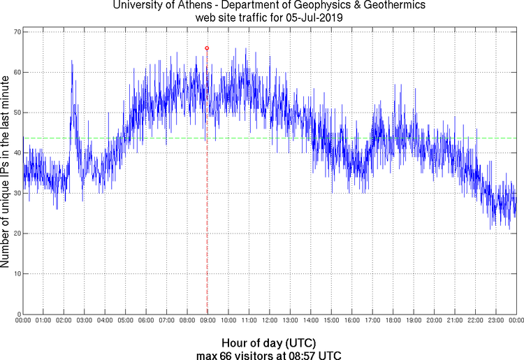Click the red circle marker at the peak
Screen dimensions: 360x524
pos(207,48)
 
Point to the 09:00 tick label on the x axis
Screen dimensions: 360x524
pos(208,320)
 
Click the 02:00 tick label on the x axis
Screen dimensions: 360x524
pos(64,320)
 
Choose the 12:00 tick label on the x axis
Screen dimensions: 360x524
pos(270,320)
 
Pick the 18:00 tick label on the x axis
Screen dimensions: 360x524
pos(393,320)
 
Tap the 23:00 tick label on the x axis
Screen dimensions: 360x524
pos(495,320)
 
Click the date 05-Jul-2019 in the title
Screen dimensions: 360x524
pos(313,18)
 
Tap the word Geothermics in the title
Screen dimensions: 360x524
pos(377,6)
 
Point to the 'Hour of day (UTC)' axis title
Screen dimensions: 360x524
pos(269,343)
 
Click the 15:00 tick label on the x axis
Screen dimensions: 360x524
pos(331,320)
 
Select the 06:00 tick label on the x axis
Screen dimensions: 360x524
pos(146,320)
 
